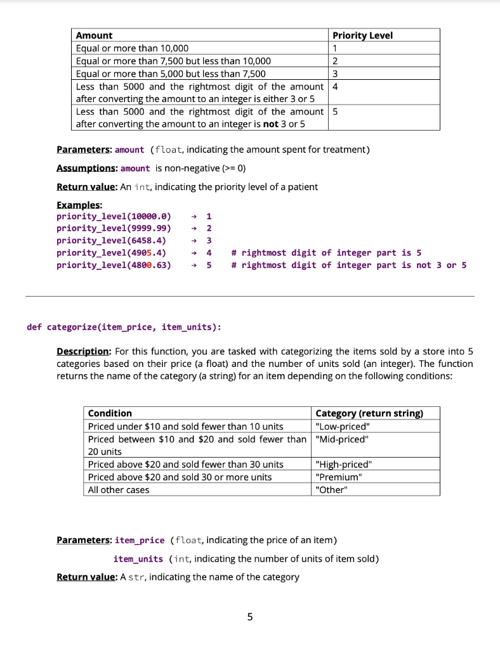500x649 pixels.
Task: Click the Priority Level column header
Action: click(362, 35)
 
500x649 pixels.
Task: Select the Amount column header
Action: click(94, 35)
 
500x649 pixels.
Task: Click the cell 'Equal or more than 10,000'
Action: click(132, 48)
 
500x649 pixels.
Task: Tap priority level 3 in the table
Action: click(334, 74)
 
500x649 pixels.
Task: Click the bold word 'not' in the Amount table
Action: click(270, 124)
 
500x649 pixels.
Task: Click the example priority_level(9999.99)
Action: click(114, 228)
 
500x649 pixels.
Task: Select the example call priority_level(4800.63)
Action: click(114, 265)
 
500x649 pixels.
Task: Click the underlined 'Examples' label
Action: click(79, 205)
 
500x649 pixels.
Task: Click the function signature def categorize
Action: click(124, 327)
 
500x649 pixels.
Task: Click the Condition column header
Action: click(110, 413)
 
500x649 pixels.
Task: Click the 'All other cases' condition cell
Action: click(119, 489)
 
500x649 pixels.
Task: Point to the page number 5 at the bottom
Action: click(249, 616)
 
